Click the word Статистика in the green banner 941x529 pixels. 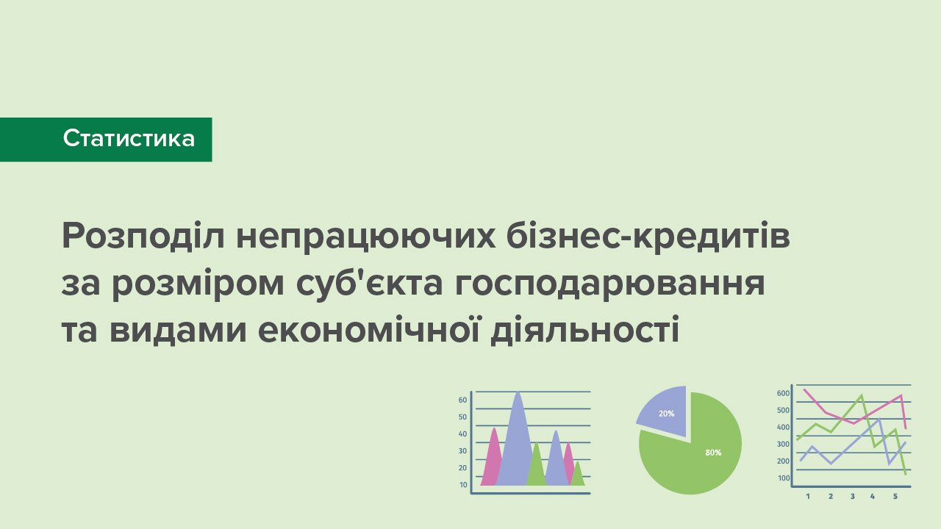click(129, 138)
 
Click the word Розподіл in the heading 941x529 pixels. click(143, 237)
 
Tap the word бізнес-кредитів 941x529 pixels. click(648, 236)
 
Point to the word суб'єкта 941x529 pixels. click(369, 282)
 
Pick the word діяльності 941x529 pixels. click(584, 330)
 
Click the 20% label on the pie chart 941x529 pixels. click(666, 414)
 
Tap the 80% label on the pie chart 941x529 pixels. click(713, 452)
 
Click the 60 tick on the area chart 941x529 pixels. click(462, 400)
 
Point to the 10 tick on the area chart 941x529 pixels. click(463, 484)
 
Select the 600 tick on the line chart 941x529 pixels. click(784, 393)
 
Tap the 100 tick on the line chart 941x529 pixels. click(784, 478)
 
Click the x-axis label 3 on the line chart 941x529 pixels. click(852, 496)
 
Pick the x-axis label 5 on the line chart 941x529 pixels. click(895, 496)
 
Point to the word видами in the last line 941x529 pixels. click(178, 330)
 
